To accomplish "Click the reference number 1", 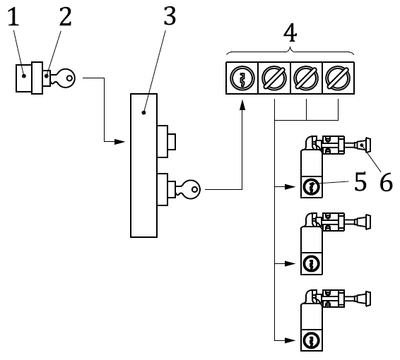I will [x=12, y=18].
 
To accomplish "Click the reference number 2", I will [x=65, y=18].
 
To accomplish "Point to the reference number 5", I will [x=360, y=183].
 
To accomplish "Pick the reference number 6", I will [x=385, y=183].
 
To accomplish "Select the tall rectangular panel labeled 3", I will [x=143, y=165].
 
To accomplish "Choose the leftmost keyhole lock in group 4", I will [x=241, y=78].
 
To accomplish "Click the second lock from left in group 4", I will [x=273, y=78].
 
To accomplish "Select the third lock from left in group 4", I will [x=305, y=78].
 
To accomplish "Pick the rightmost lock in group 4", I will [x=338, y=78].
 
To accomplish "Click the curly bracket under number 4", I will [x=289, y=53].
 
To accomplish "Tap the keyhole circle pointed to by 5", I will [x=311, y=188].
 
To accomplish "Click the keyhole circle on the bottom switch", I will [x=311, y=342].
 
